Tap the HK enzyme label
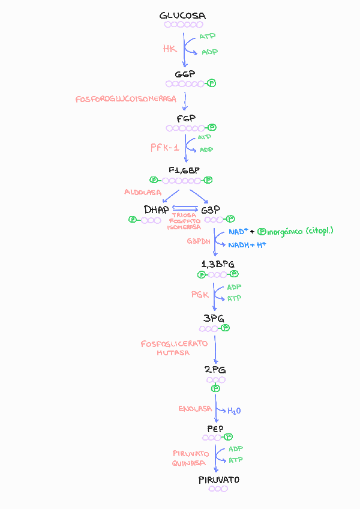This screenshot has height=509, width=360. (170, 49)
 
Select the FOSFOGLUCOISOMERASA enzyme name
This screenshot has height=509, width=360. (125, 99)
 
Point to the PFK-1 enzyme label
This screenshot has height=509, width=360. (164, 147)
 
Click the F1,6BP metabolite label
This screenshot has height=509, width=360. (184, 170)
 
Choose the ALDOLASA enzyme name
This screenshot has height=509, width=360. (143, 192)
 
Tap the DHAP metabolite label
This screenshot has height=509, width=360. (156, 209)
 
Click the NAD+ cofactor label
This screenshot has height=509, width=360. (238, 232)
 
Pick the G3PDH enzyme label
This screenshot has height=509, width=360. (198, 241)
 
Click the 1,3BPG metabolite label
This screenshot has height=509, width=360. (218, 264)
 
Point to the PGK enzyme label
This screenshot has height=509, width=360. (200, 295)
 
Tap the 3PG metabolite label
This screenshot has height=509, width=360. (214, 318)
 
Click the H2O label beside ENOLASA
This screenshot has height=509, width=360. (233, 411)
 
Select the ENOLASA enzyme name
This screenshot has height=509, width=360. (195, 409)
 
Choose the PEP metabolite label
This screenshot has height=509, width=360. (215, 429)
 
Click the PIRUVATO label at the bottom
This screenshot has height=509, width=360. (219, 480)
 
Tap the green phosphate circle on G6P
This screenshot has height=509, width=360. (211, 83)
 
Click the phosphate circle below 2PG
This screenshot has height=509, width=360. (216, 389)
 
